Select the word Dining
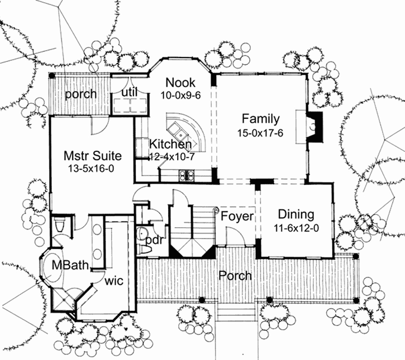click(x=296, y=214)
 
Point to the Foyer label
click(x=237, y=216)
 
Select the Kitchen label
click(x=170, y=144)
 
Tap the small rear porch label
click(x=80, y=94)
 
